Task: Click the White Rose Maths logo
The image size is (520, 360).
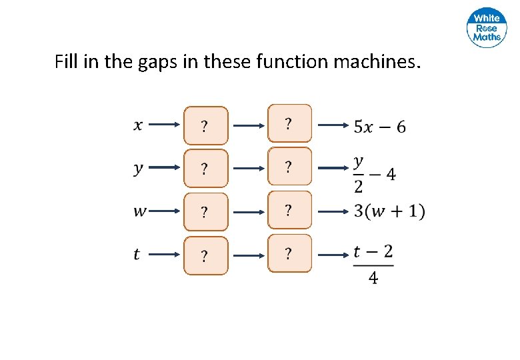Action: [487, 28]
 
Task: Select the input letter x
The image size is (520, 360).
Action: [138, 124]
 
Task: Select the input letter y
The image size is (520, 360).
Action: [138, 168]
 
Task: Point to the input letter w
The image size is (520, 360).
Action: [140, 211]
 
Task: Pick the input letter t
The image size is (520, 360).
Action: [137, 254]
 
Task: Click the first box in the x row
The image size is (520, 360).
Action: [206, 125]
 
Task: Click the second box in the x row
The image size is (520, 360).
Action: [289, 123]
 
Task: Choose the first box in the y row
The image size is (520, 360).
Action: [206, 169]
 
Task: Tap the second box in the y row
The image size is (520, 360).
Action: [289, 167]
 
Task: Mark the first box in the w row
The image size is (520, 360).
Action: [206, 213]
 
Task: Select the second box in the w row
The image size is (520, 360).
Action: [289, 210]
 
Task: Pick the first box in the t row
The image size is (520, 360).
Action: [206, 255]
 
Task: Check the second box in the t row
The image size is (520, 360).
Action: [289, 253]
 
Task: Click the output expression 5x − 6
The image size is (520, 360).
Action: [379, 126]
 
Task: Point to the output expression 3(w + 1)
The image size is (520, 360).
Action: [389, 211]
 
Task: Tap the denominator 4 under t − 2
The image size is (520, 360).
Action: [373, 278]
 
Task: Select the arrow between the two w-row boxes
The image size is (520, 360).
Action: [248, 212]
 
